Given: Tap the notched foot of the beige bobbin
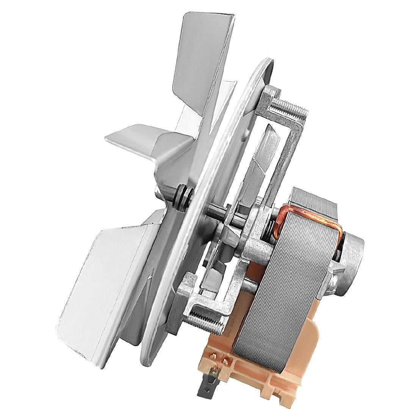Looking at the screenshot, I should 262,394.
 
